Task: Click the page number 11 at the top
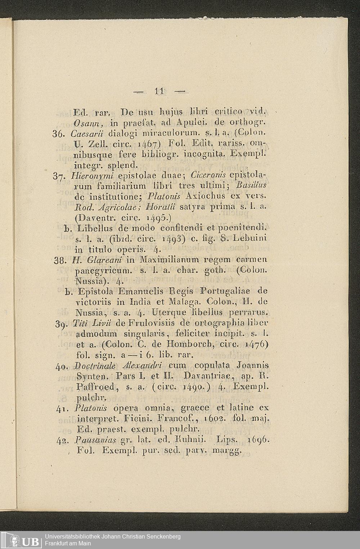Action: pos(159,92)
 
